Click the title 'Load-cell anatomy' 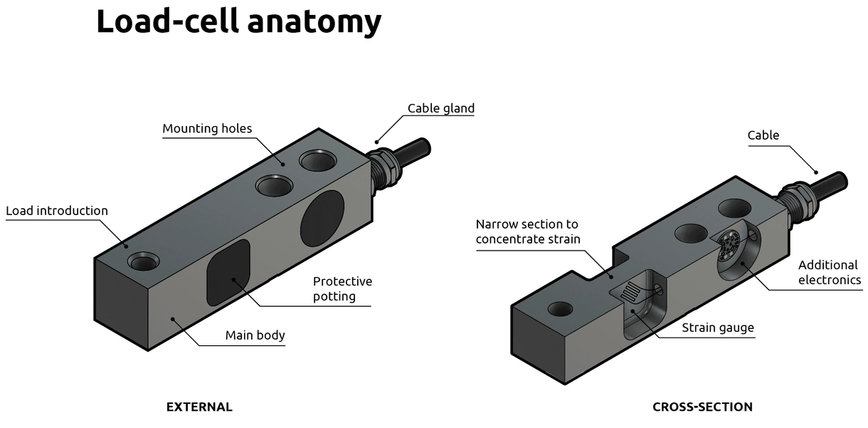click(x=238, y=21)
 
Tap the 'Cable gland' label click(x=440, y=108)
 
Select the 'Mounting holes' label click(x=207, y=129)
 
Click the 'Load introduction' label click(x=57, y=211)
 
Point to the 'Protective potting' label click(x=342, y=288)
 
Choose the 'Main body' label click(x=255, y=335)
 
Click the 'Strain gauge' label click(x=717, y=328)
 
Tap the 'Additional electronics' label click(x=828, y=272)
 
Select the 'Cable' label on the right click(x=763, y=135)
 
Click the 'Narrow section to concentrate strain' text click(x=528, y=231)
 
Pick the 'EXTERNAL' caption click(x=199, y=407)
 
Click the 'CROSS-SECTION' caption click(x=702, y=407)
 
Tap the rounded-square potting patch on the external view click(x=228, y=271)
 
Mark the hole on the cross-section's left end click(x=559, y=309)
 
